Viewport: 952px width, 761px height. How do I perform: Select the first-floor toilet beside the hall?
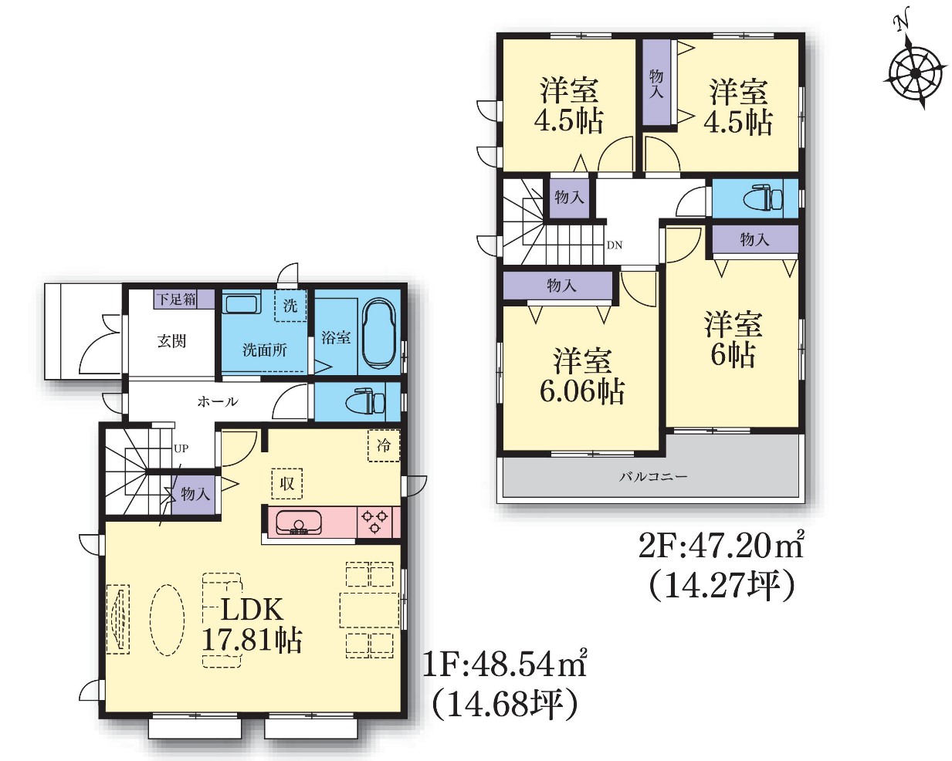(367, 401)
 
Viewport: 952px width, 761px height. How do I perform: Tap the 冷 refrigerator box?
(384, 445)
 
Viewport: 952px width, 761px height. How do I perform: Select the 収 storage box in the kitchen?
(287, 483)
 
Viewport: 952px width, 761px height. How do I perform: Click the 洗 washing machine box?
(290, 306)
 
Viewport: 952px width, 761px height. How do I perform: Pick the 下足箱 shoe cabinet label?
(177, 299)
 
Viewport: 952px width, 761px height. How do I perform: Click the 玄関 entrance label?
(172, 341)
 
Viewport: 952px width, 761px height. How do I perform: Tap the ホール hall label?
(218, 401)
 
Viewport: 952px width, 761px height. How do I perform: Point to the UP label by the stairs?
(181, 449)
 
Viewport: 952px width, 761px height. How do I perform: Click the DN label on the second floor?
(615, 245)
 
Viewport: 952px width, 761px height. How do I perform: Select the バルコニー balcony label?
(653, 476)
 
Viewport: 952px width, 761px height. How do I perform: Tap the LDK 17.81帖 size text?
(252, 625)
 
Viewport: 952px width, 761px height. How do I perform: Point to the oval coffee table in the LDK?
(168, 620)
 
